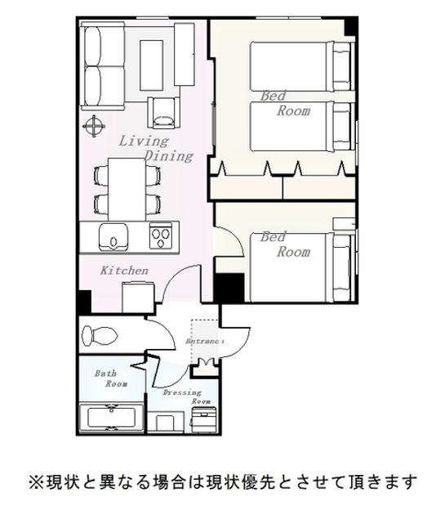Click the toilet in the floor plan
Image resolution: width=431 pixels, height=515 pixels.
(100, 336)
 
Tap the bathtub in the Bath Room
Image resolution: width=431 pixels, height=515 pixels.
(112, 417)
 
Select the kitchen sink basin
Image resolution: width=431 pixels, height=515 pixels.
(113, 236)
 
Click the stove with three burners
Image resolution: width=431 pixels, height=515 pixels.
(161, 235)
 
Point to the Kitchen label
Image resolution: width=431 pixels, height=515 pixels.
(124, 271)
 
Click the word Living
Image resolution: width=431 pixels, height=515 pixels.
(144, 141)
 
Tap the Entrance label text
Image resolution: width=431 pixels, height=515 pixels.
(205, 341)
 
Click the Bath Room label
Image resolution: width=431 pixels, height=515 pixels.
(111, 378)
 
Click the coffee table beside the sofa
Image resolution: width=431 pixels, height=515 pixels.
(152, 65)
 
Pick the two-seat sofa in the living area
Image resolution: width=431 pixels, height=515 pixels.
(103, 66)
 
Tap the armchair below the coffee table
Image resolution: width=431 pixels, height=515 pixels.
(163, 113)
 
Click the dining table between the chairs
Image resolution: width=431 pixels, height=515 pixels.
(127, 189)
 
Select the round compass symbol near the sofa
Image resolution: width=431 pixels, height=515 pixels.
(94, 126)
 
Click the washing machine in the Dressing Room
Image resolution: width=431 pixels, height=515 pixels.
(204, 419)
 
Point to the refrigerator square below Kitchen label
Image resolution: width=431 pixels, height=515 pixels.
(139, 298)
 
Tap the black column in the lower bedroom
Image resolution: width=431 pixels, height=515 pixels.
(229, 288)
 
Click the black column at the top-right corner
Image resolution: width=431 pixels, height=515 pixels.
(350, 26)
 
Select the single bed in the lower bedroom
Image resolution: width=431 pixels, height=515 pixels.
(302, 267)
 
